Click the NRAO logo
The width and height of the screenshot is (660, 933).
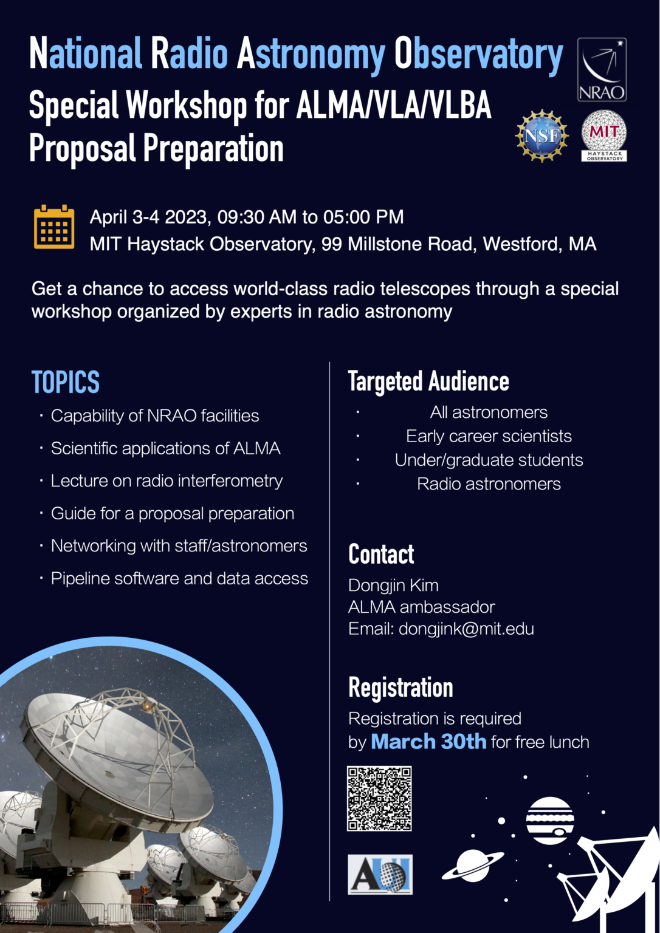tap(601, 69)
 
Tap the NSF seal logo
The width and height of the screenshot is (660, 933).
tap(541, 136)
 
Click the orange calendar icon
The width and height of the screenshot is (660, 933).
tap(54, 228)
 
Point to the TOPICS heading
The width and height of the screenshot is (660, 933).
tap(66, 382)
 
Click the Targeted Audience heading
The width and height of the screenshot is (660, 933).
tap(428, 381)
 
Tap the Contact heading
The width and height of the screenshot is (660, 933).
tap(381, 554)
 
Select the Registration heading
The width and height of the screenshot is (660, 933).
tap(400, 688)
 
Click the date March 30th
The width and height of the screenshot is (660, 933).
tap(428, 742)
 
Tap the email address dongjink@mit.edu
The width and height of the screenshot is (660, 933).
tap(466, 629)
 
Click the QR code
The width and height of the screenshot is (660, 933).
tap(379, 798)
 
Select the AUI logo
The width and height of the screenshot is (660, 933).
tap(380, 874)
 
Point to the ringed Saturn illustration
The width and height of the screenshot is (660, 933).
tap(473, 865)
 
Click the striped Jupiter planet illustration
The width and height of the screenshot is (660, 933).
tap(550, 821)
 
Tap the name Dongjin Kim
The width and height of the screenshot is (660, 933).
tap(393, 585)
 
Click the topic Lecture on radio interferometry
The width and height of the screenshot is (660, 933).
tap(167, 480)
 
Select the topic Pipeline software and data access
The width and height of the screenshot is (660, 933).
tap(179, 578)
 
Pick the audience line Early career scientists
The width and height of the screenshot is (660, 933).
tap(489, 436)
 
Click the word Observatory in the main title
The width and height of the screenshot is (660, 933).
tap(478, 55)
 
